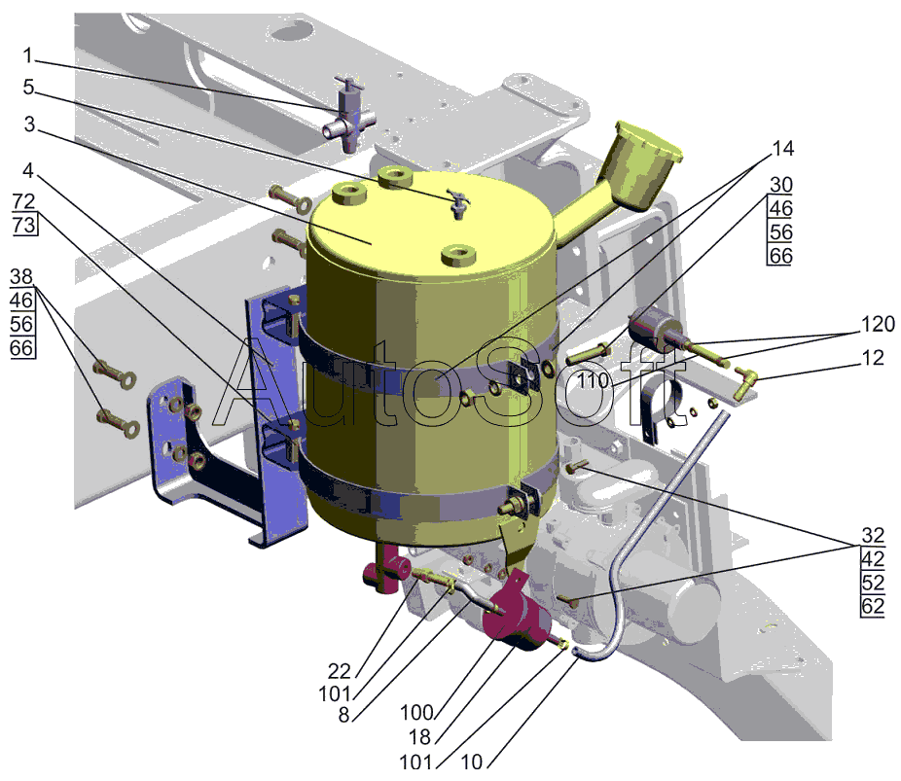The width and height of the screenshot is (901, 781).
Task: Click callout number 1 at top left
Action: [x=27, y=55]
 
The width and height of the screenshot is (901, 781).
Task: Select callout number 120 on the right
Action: [x=878, y=324]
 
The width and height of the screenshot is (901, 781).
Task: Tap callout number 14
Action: [x=782, y=149]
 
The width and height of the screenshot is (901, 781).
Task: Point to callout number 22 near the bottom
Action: [x=339, y=671]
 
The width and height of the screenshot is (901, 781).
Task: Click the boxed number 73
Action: [x=24, y=224]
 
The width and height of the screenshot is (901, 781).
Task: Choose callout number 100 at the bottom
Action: [x=416, y=713]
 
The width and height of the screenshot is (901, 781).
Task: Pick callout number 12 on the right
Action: [x=872, y=358]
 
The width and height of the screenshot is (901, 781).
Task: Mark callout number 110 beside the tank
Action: [x=593, y=380]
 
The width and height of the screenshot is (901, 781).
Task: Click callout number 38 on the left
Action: [x=21, y=277]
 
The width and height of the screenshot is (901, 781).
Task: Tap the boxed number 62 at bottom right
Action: [x=873, y=606]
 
